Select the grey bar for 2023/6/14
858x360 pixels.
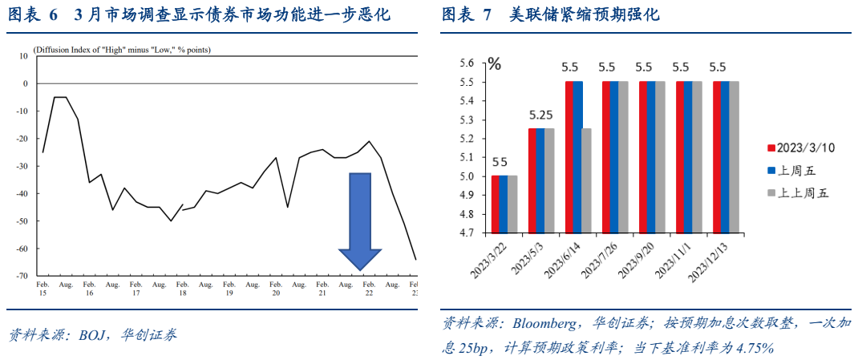click(586, 181)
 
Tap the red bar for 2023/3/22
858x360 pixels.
click(496, 204)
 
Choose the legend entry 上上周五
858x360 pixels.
click(802, 192)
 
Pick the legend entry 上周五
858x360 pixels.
click(797, 170)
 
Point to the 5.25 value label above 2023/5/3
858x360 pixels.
click(541, 114)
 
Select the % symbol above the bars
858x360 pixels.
click(495, 64)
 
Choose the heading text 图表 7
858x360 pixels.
click(467, 15)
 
